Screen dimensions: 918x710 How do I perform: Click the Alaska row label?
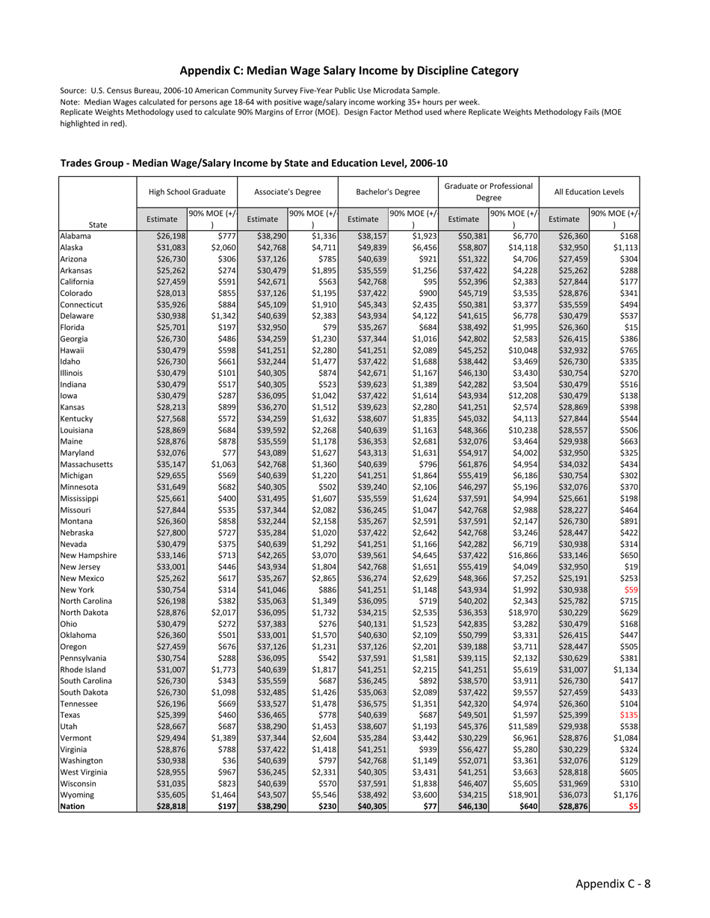pos(72,247)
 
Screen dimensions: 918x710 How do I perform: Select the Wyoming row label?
pos(76,795)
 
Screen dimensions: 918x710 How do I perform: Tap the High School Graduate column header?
pos(187,192)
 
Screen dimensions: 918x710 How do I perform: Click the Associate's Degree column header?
pos(288,192)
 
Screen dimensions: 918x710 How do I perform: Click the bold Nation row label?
pos(72,807)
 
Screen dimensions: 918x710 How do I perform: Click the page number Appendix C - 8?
pos(613,884)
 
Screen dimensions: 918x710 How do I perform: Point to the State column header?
pos(97,224)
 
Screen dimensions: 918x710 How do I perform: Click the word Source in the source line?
pos(74,90)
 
